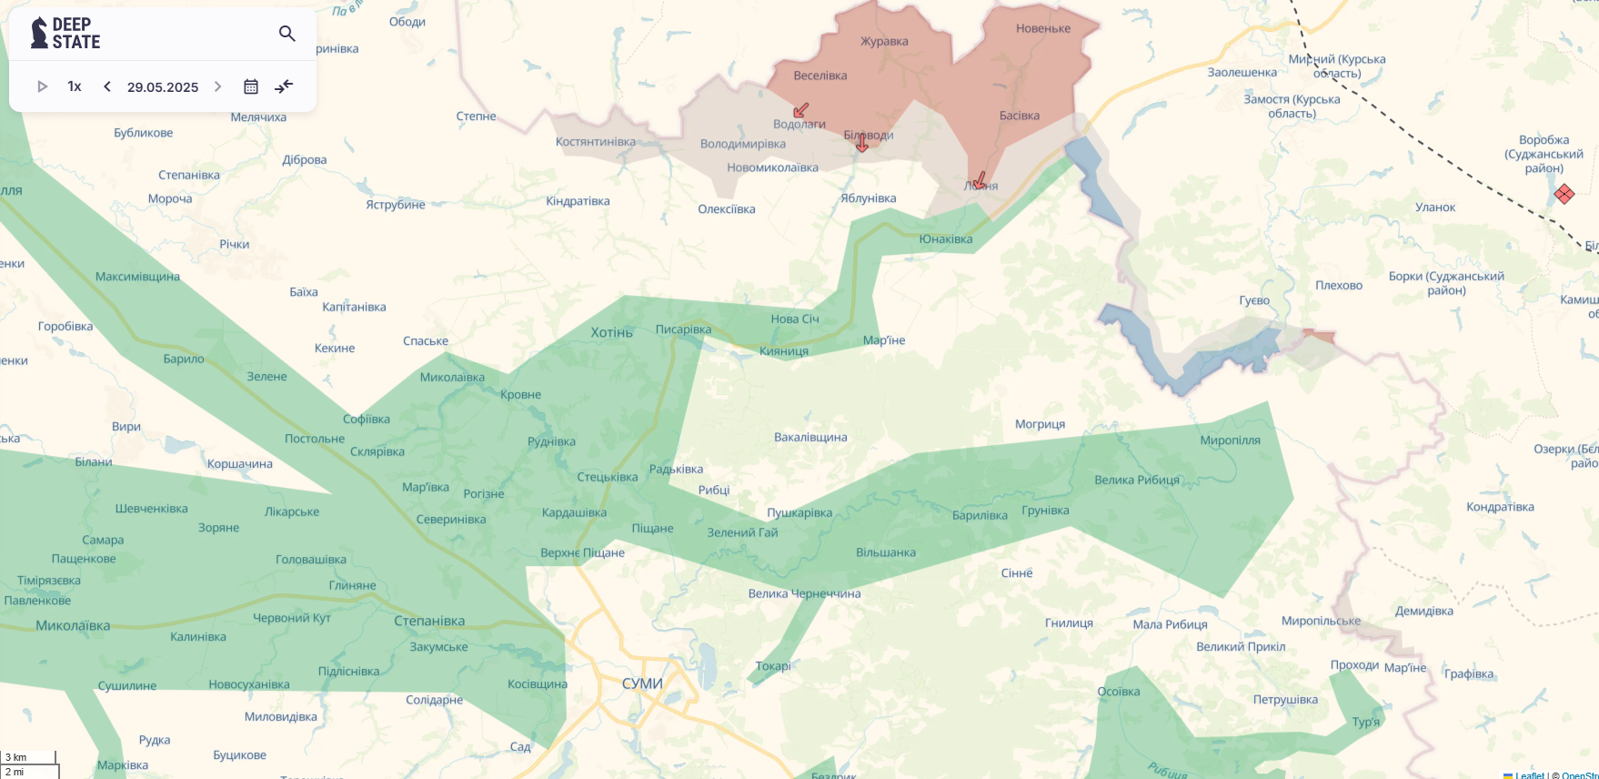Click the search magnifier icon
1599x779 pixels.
coord(287,34)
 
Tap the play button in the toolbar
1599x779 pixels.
coord(42,86)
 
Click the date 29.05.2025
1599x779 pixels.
coord(163,87)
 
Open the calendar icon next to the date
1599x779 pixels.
coord(251,86)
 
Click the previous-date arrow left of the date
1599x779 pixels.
coord(107,86)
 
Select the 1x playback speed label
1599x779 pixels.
coord(75,86)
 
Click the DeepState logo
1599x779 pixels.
coord(65,33)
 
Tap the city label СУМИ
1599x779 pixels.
coord(642,683)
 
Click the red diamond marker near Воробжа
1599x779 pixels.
coord(1564,194)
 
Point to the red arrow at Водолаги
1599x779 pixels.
coord(800,110)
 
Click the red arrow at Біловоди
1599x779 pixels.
coord(861,143)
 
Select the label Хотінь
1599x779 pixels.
coord(611,333)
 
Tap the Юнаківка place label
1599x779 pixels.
coord(946,239)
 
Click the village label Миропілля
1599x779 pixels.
coord(1230,440)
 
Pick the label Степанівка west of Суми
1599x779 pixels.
coord(429,621)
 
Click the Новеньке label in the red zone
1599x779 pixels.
coord(1043,29)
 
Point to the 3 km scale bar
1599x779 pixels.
coord(28,757)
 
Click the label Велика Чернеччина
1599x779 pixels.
coord(804,594)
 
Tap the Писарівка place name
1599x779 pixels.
coord(683,329)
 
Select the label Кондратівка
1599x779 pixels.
coord(1500,507)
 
